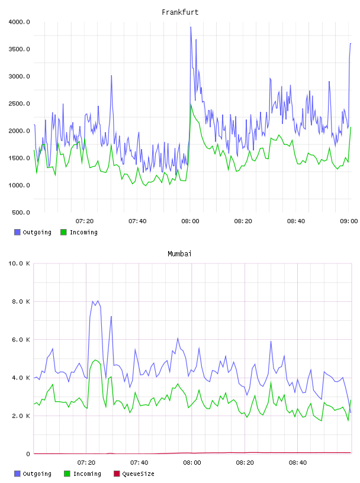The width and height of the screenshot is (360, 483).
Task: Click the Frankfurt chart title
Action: (180, 12)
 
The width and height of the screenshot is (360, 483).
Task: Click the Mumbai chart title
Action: (179, 254)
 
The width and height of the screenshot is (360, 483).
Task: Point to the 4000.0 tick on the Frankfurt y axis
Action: (19, 22)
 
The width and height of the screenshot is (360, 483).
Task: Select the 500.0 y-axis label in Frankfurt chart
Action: (21, 212)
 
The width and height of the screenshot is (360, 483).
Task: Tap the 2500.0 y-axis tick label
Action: (19, 104)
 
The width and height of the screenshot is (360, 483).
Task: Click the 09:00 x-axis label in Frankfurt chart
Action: (349, 221)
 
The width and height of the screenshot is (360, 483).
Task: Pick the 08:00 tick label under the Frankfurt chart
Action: (190, 221)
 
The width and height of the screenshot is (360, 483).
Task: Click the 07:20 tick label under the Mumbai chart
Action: (86, 463)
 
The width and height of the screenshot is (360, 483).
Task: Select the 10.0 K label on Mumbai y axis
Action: (19, 263)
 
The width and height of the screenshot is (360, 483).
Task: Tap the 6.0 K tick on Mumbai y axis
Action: (21, 339)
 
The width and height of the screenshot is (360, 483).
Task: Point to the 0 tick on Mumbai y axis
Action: (28, 454)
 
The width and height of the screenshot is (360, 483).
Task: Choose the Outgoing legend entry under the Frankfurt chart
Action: (33, 232)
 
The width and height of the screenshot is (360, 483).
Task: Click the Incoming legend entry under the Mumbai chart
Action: (83, 474)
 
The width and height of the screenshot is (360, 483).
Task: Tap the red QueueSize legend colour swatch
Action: (117, 474)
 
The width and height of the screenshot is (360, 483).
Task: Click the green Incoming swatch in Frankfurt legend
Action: (63, 232)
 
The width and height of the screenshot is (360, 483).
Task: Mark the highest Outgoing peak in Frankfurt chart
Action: (191, 27)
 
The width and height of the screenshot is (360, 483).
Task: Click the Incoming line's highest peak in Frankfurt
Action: (191, 105)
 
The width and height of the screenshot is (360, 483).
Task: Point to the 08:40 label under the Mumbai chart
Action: (298, 463)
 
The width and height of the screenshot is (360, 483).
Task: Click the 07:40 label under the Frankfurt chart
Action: (137, 221)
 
